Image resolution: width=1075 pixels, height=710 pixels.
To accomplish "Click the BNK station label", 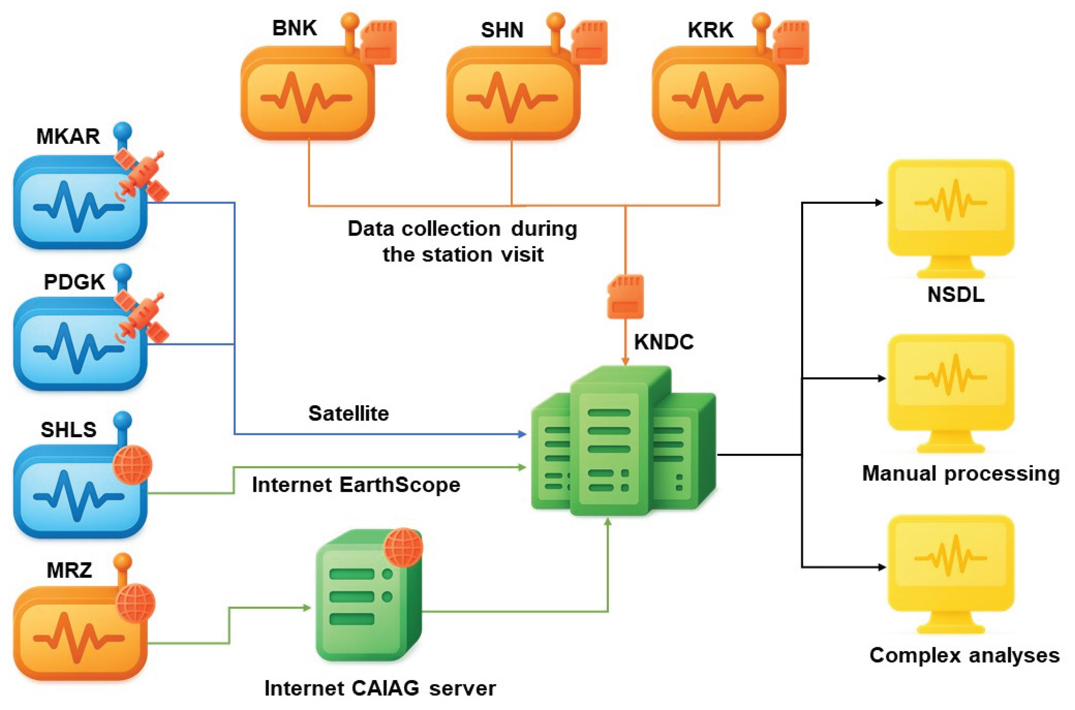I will pos(294,28).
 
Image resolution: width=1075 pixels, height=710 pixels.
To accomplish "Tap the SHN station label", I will pos(502,30).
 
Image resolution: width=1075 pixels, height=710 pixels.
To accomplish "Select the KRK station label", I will pos(710,30).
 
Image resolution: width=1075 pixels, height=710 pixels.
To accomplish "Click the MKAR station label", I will pos(68,136).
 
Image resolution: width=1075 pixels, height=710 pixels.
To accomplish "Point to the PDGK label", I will pos(74,282).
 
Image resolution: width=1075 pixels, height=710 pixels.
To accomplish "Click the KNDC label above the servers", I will pos(663,342).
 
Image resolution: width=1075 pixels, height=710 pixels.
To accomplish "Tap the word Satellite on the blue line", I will pos(348,413).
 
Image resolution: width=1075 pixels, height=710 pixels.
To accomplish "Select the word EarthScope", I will pos(399,485).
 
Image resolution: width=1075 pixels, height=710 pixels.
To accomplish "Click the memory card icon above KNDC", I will pos(625,297).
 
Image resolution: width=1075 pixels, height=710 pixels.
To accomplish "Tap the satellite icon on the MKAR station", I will pos(141,176).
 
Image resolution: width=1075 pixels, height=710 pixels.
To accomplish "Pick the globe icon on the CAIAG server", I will pos(403,547).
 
